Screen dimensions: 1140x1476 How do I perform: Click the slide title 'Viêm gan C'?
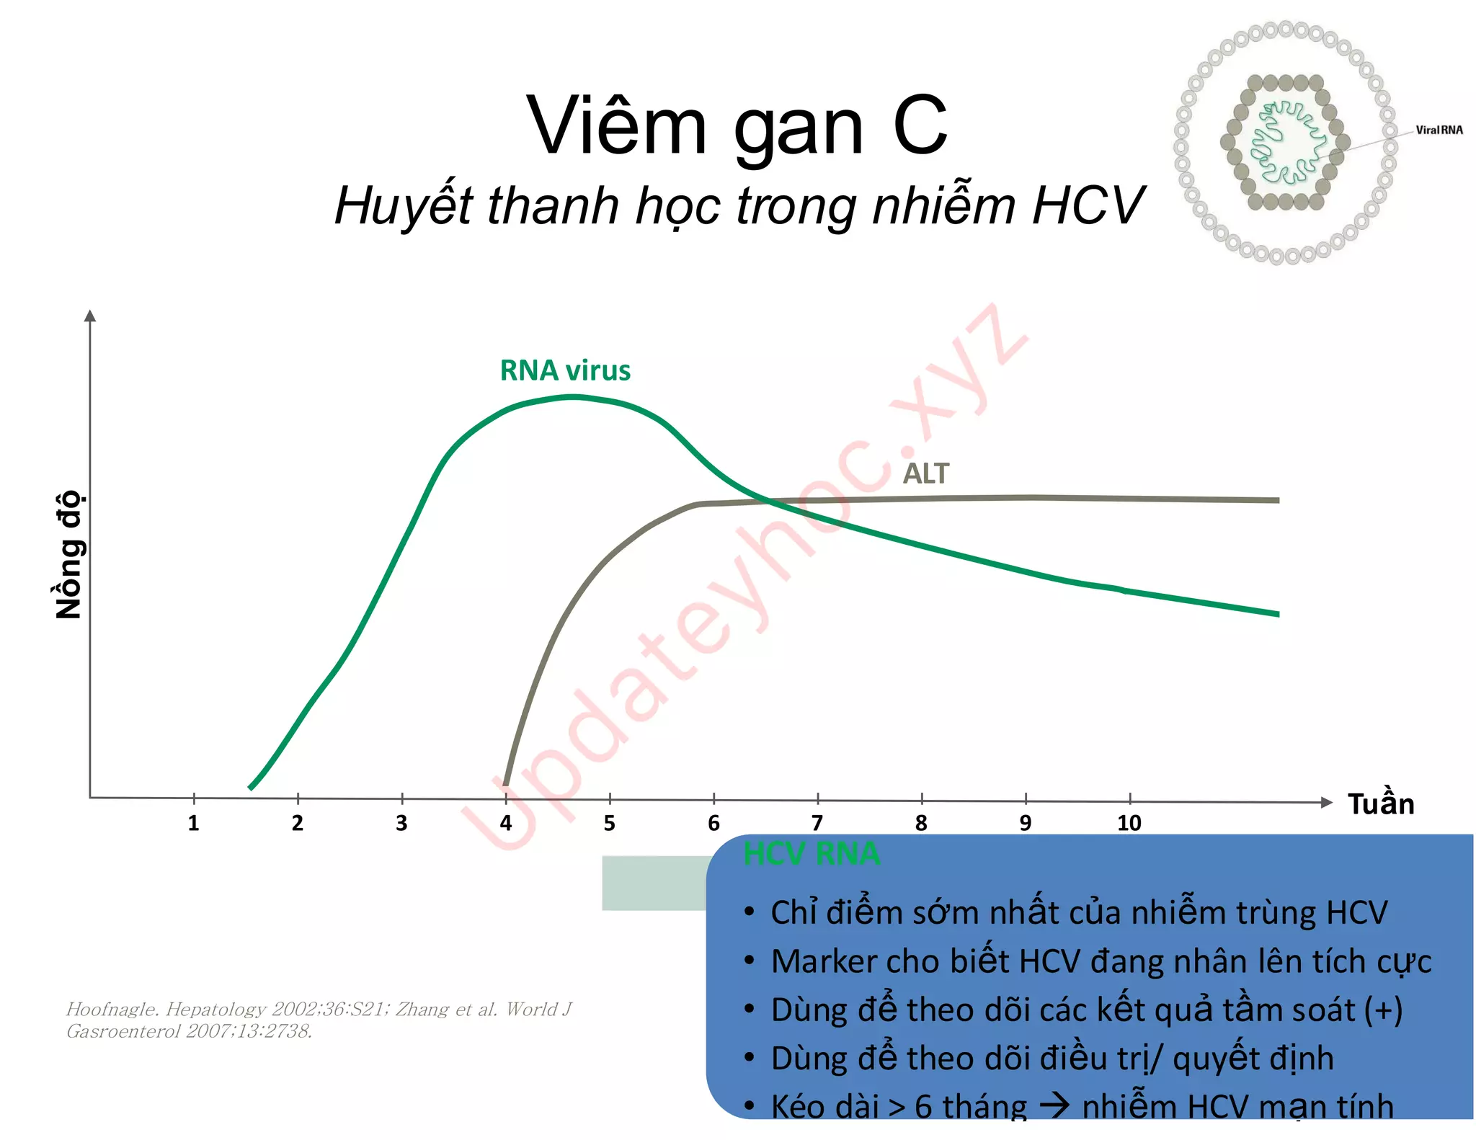tap(737, 126)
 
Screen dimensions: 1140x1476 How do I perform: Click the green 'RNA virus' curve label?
tap(565, 370)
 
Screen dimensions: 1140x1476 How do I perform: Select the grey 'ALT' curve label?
tap(925, 474)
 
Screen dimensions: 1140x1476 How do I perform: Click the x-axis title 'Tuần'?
tap(1380, 803)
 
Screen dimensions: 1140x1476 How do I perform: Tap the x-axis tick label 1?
tap(193, 823)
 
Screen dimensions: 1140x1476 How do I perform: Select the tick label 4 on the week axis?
tap(506, 823)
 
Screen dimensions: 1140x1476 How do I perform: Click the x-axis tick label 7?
tap(817, 823)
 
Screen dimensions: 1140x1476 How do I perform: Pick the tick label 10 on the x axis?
tap(1129, 823)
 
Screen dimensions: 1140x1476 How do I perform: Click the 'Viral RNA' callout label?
tap(1439, 130)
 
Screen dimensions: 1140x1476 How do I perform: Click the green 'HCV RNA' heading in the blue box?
tap(812, 854)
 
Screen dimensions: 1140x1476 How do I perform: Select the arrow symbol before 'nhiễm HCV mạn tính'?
tap(1054, 1105)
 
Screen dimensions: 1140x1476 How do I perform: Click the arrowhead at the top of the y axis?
tap(90, 316)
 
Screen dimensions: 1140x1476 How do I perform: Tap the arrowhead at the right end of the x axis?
tap(1326, 802)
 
